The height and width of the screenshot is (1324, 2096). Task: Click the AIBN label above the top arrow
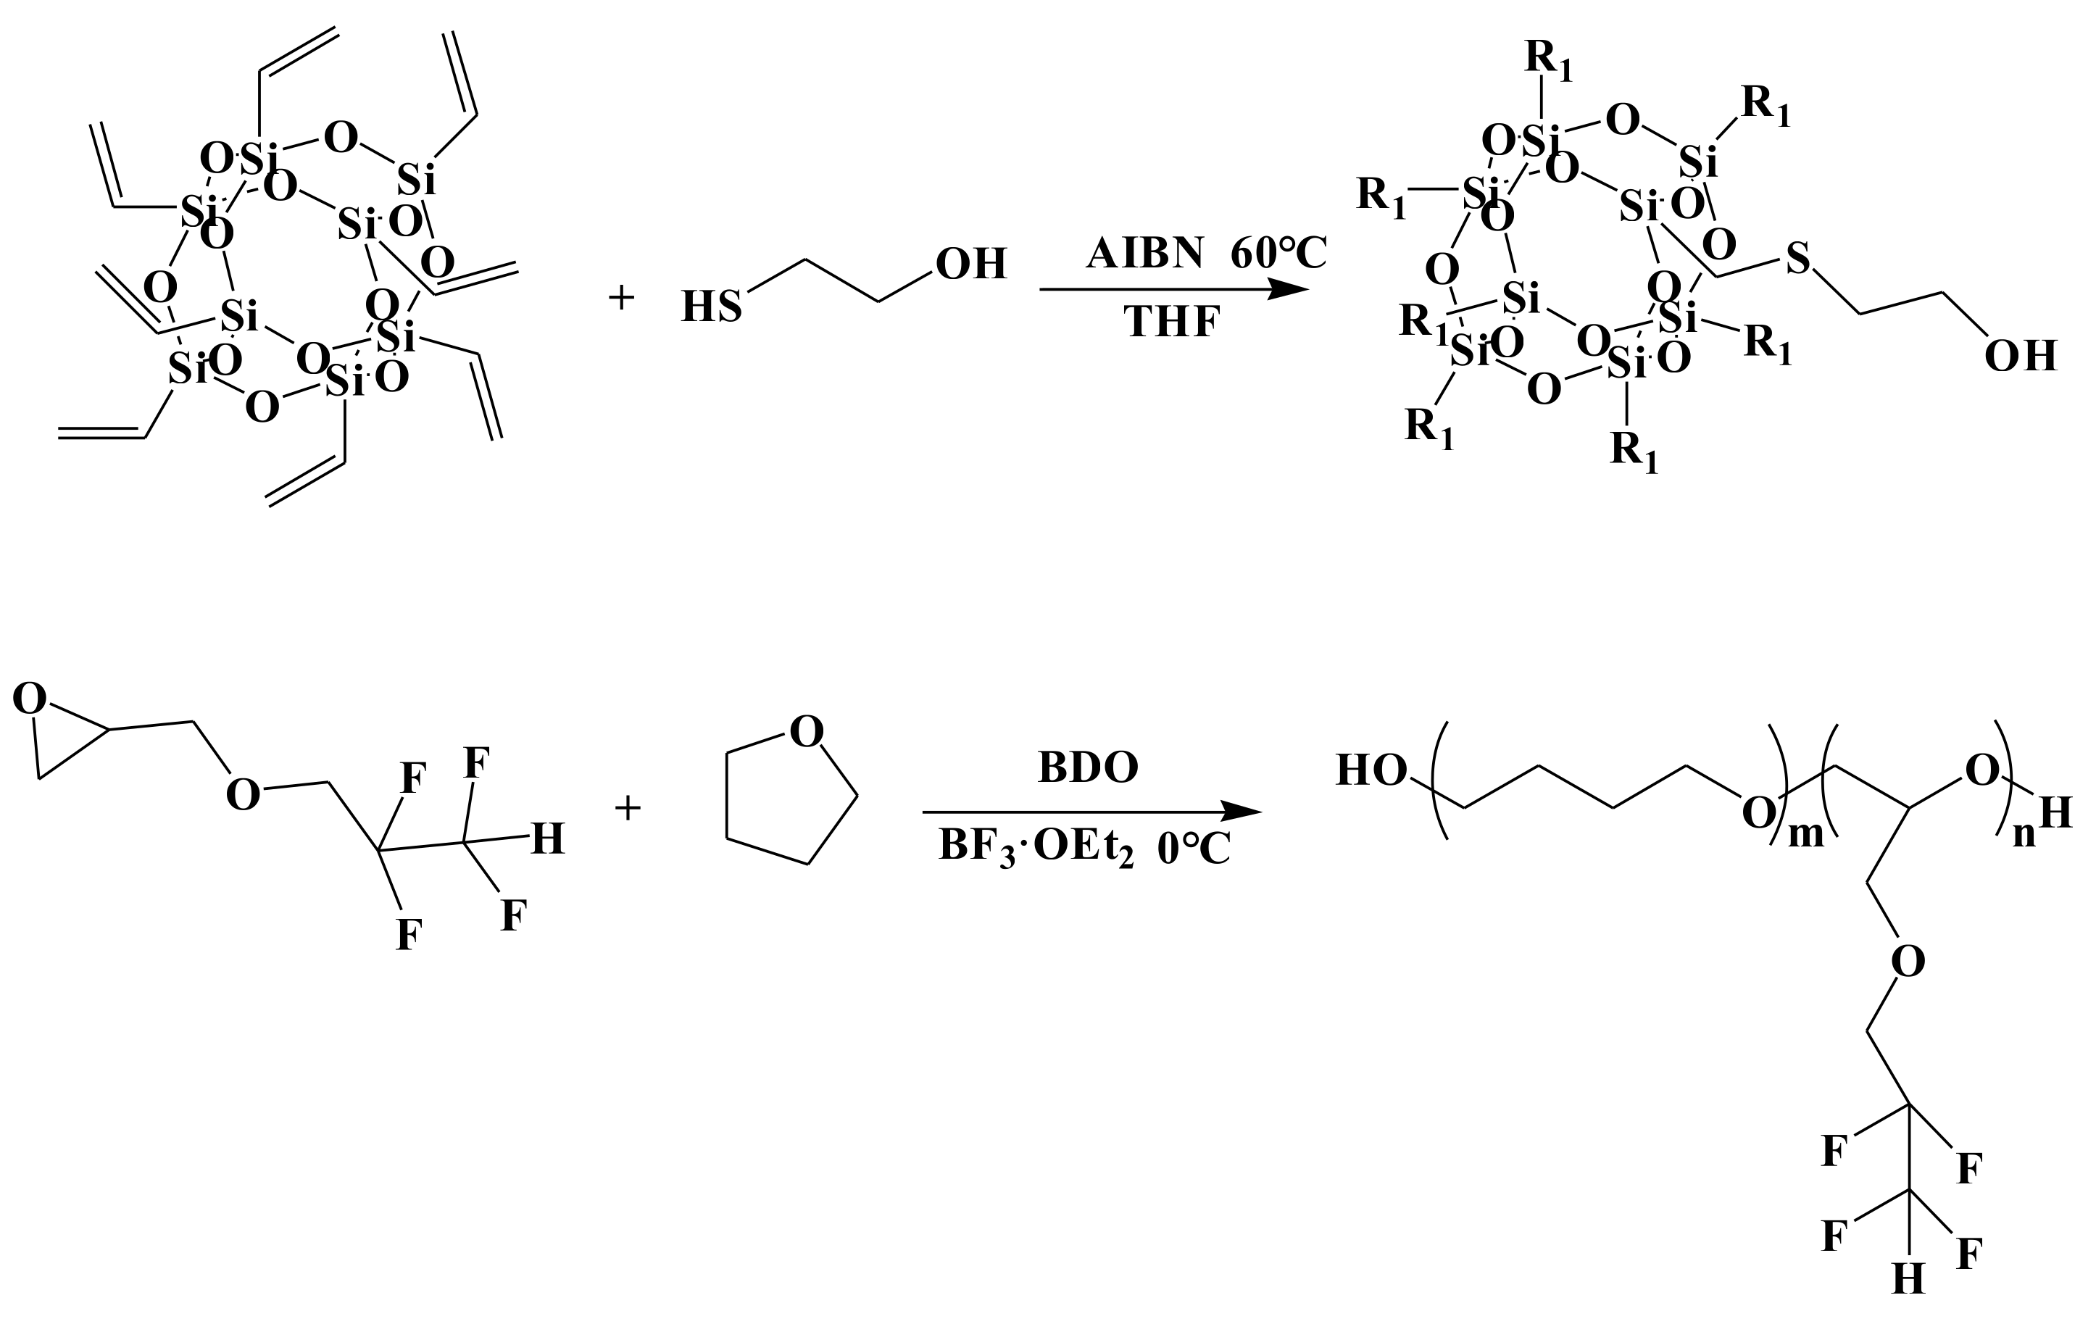(1144, 254)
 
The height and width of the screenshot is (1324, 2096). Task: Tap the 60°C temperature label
(1278, 254)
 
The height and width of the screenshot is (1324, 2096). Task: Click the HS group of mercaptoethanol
(711, 307)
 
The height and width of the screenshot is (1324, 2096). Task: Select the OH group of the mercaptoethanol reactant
(970, 263)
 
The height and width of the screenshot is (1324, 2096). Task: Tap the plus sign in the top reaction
(622, 299)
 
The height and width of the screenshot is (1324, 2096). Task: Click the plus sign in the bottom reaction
(628, 808)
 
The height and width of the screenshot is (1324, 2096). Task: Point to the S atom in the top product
(1797, 258)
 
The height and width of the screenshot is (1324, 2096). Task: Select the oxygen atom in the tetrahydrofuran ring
(806, 732)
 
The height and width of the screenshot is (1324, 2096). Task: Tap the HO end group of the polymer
(1372, 770)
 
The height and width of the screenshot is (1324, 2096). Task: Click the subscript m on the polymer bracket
(1805, 834)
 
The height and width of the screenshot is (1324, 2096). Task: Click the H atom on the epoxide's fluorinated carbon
(547, 840)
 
